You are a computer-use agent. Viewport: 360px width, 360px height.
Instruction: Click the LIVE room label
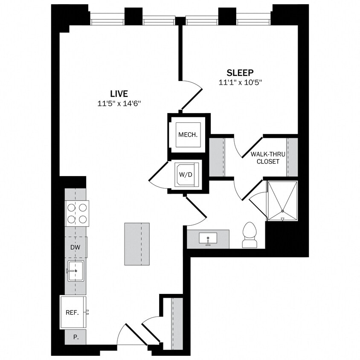click(119, 93)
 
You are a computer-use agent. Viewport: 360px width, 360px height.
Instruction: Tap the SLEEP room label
click(240, 72)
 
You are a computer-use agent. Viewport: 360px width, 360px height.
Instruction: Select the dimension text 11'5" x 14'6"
click(119, 103)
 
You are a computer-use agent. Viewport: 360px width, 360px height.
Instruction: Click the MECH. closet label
click(188, 134)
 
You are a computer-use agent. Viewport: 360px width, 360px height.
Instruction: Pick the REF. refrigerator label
click(72, 313)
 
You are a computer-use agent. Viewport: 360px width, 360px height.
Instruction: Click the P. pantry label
click(75, 337)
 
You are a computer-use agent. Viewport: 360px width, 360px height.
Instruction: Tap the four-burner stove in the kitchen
click(77, 213)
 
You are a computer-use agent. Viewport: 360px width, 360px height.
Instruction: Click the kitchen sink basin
click(75, 271)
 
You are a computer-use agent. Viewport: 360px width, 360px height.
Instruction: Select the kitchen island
click(137, 244)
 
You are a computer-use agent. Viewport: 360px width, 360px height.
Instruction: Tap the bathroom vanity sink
click(208, 238)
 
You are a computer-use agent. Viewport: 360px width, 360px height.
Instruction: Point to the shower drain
click(282, 211)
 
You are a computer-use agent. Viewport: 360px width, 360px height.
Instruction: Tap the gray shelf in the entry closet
click(177, 323)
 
